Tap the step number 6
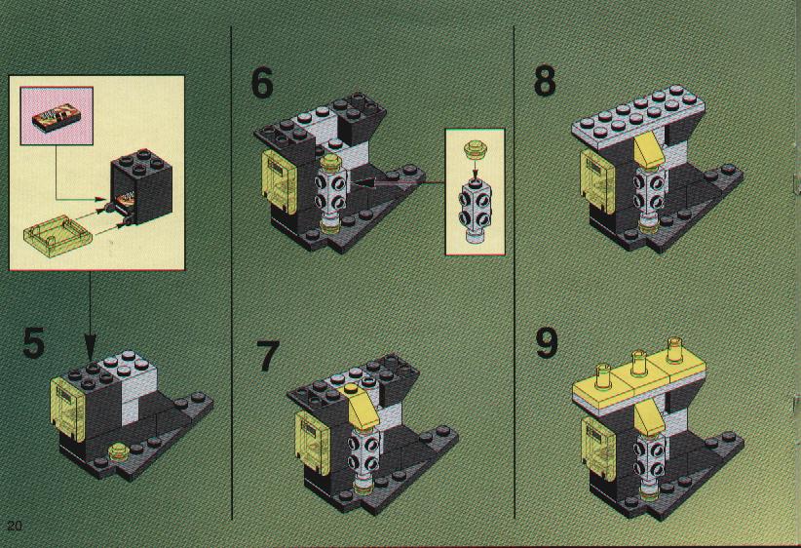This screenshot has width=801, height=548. point(262,82)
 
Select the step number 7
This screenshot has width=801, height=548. point(267,356)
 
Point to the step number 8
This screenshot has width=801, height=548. point(545,80)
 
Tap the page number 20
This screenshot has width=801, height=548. point(15,526)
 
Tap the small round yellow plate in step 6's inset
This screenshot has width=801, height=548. point(476,148)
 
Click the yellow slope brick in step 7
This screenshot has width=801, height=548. point(363,408)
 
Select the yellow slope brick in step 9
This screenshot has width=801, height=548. point(649,417)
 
